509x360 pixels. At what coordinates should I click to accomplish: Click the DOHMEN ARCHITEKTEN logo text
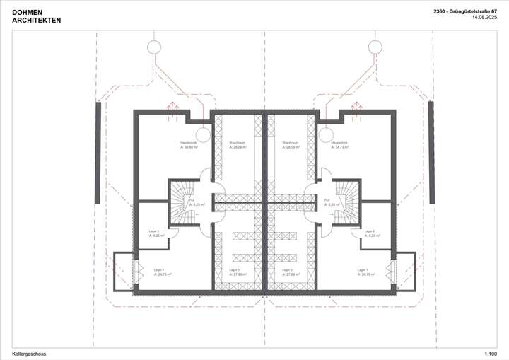(37, 16)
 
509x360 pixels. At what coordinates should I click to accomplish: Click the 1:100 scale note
(490, 353)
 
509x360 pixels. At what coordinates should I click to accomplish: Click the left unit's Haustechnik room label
(189, 146)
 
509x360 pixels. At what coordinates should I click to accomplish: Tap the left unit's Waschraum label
(238, 146)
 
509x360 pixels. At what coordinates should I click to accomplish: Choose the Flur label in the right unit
(329, 203)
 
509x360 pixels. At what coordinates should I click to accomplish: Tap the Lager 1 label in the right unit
(364, 272)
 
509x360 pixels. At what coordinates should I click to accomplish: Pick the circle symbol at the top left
(153, 47)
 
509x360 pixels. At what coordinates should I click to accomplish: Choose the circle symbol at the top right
(375, 47)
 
